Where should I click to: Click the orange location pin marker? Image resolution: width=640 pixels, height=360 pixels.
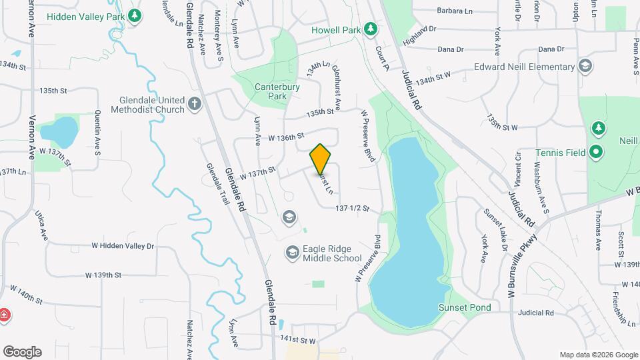click(320, 159)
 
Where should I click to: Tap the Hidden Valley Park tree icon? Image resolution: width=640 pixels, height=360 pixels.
click(135, 15)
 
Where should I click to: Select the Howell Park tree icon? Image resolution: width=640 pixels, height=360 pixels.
click(371, 29)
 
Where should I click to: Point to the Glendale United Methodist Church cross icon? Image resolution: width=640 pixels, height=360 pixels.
click(194, 104)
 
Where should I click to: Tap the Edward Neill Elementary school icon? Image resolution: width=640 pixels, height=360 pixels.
click(585, 66)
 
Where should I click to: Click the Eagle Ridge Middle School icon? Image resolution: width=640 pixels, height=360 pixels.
click(291, 253)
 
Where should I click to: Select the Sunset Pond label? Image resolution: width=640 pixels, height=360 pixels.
click(464, 307)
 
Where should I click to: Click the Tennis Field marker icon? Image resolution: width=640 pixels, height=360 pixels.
click(596, 153)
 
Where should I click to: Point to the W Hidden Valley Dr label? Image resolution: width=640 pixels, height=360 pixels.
click(123, 246)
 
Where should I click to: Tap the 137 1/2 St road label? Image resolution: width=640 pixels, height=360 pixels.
click(352, 209)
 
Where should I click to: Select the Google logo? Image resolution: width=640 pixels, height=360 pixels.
click(22, 351)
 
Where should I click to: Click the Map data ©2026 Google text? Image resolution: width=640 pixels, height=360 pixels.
click(598, 355)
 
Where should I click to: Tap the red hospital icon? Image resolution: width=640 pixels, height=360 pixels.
click(4, 314)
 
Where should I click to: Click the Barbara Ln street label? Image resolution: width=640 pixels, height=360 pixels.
click(455, 11)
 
